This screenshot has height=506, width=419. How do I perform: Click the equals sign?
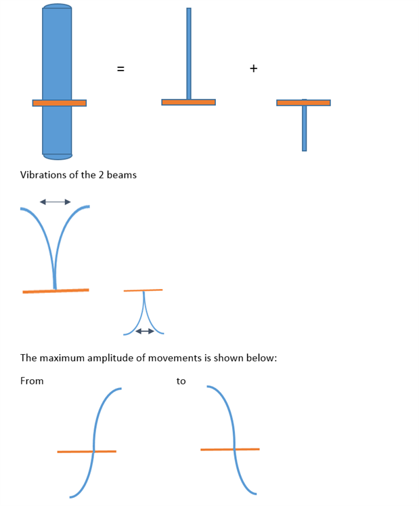click(x=120, y=69)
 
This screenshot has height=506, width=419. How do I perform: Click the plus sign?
click(x=253, y=69)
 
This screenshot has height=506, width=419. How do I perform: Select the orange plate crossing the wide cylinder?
click(x=60, y=103)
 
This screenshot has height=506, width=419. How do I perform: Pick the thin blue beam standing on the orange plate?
click(x=189, y=54)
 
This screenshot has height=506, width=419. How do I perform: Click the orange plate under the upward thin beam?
click(x=188, y=102)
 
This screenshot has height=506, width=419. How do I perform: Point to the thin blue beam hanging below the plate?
click(x=305, y=128)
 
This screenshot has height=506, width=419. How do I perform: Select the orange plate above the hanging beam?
click(x=303, y=102)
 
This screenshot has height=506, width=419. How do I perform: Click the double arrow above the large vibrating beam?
click(x=55, y=202)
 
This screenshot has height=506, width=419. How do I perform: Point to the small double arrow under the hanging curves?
click(x=145, y=331)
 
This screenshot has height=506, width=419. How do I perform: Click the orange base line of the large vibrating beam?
click(x=56, y=291)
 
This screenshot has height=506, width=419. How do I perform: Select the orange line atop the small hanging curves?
click(x=143, y=290)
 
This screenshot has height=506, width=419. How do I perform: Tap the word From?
click(x=32, y=381)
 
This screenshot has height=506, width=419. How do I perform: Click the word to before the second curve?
click(x=181, y=381)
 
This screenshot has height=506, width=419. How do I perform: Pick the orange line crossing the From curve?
click(x=87, y=452)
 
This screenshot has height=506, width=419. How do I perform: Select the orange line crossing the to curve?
click(x=230, y=449)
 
